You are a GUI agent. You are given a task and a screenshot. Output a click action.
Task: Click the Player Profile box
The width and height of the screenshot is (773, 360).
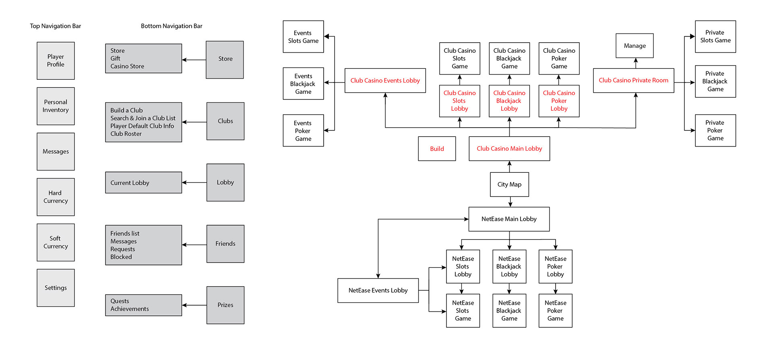[56, 61]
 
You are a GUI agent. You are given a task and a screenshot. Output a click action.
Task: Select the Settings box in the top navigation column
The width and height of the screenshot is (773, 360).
[56, 288]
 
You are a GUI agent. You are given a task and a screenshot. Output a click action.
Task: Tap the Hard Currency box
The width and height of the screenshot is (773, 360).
[56, 197]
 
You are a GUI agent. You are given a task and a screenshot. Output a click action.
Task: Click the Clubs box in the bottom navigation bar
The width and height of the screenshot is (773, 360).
[225, 121]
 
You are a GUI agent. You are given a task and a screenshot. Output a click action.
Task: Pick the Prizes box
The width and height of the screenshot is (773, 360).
[225, 305]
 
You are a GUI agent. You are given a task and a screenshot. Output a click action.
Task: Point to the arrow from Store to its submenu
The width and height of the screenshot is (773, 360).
[194, 60]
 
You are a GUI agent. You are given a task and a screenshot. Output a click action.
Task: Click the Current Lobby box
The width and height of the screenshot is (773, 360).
[144, 183]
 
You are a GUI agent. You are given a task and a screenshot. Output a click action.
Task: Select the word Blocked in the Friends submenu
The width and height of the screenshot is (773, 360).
[121, 257]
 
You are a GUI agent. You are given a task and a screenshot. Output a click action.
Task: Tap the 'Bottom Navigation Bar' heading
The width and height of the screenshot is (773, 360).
[172, 26]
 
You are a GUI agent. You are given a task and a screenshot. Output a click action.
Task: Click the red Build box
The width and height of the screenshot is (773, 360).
[437, 149]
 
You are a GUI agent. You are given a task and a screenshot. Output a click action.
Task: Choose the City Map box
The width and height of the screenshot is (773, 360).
[509, 184]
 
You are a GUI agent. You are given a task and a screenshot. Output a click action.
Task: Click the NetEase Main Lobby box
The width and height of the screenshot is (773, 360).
[509, 219]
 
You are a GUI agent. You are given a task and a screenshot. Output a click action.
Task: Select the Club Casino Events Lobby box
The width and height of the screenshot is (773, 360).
[385, 81]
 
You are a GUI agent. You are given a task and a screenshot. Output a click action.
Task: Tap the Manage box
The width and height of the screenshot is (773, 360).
[635, 46]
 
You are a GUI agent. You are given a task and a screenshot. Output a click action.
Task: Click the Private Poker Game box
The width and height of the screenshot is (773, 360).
[715, 130]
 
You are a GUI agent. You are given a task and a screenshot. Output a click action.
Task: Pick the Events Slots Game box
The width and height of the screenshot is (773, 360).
[303, 37]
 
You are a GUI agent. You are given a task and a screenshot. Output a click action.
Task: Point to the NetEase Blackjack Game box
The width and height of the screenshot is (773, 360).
[509, 311]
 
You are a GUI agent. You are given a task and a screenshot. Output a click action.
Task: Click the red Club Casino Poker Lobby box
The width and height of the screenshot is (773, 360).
[559, 101]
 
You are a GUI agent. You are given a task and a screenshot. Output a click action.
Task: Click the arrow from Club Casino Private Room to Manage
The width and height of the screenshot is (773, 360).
[636, 63]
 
